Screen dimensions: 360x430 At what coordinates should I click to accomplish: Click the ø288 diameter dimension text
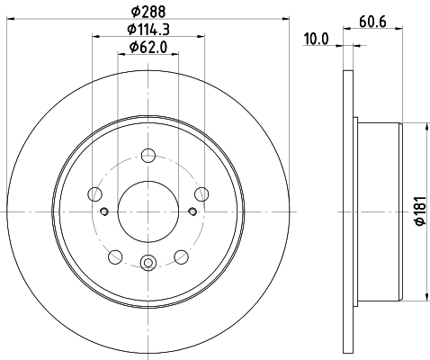[148, 11]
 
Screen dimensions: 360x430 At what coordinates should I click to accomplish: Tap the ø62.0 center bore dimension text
[148, 47]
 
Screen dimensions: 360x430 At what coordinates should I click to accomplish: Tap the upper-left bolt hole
[94, 193]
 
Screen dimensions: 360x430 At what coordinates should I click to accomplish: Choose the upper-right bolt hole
[202, 193]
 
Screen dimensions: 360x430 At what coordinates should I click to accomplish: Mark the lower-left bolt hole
[114, 256]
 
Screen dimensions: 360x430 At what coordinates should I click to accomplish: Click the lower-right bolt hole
[183, 256]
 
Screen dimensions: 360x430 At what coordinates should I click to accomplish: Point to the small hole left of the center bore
[104, 212]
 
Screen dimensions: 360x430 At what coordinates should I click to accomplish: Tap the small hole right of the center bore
[193, 212]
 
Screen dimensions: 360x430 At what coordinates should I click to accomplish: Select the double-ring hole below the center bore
[148, 264]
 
